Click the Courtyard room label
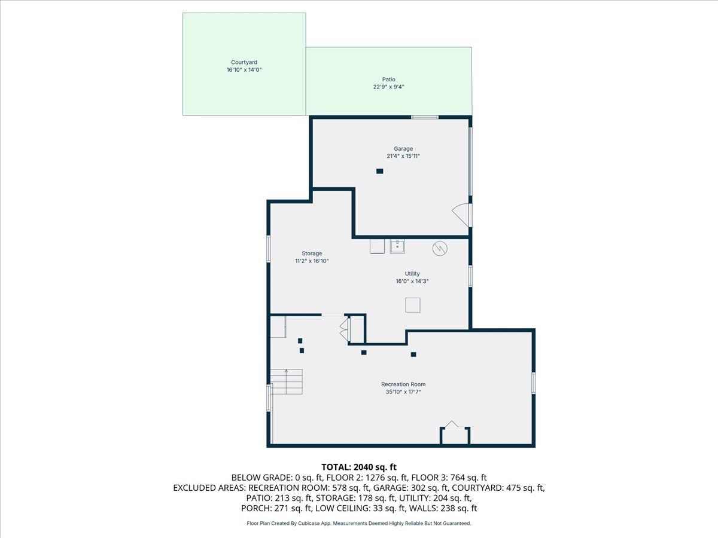244,62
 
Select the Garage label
403,149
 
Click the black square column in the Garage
379,172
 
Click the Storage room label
312,253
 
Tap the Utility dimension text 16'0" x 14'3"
412,282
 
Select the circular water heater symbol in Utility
440,247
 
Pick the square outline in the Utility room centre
413,305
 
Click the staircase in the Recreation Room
287,381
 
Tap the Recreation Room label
403,384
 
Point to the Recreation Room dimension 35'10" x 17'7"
403,392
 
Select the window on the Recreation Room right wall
533,383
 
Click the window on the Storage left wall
269,249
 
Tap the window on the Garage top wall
424,117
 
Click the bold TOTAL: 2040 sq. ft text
359,467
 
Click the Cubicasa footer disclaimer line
359,524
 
